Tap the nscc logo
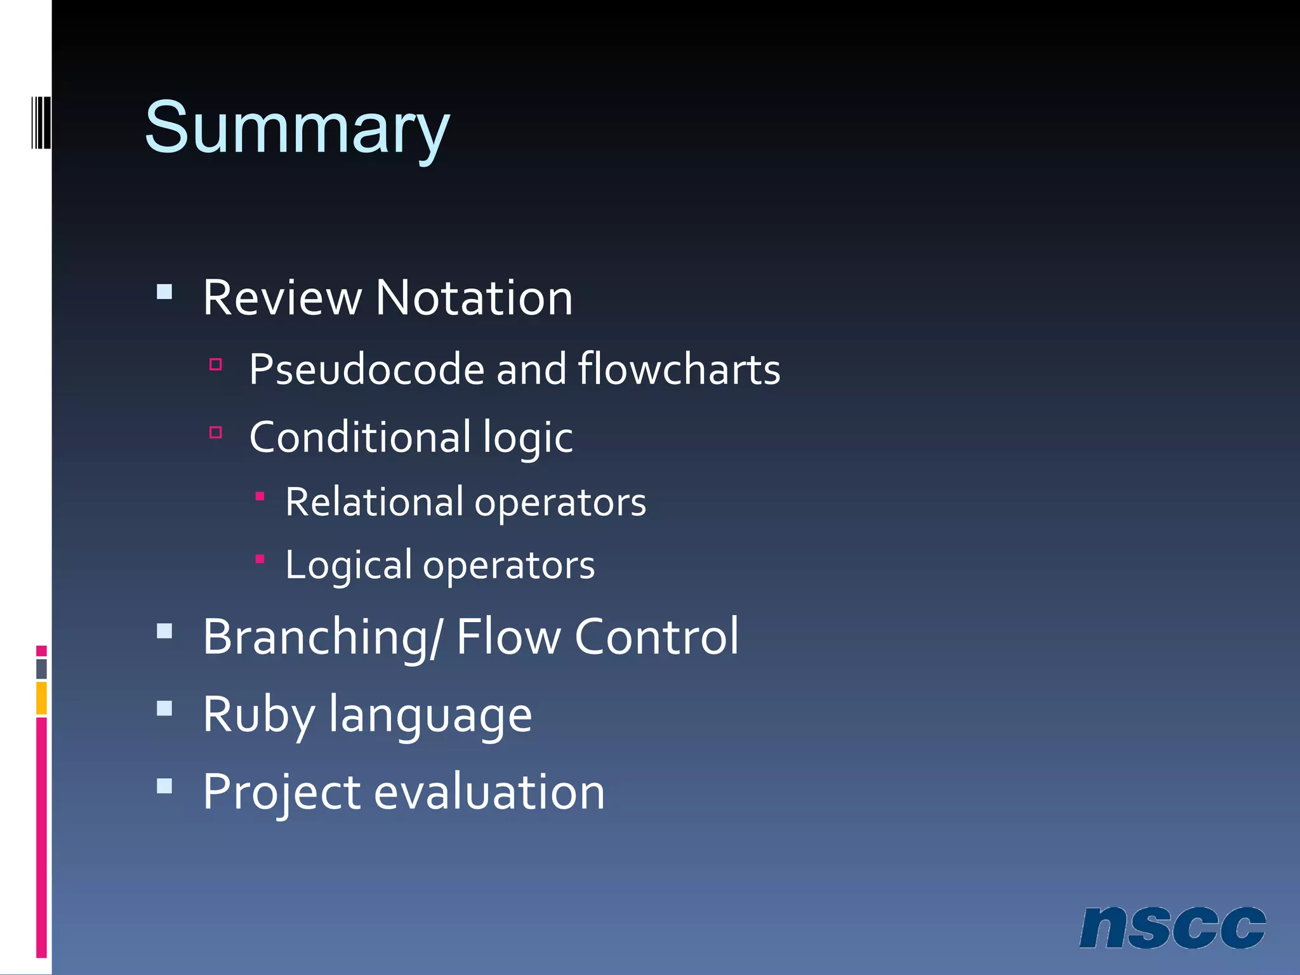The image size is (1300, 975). pyautogui.click(x=1172, y=928)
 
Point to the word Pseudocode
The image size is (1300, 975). pyautogui.click(x=367, y=369)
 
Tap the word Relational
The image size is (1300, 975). pyautogui.click(x=375, y=502)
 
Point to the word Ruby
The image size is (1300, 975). pyautogui.click(x=258, y=715)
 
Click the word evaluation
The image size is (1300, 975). pyautogui.click(x=489, y=792)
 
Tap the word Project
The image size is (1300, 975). pyautogui.click(x=282, y=792)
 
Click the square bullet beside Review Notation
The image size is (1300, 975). pyautogui.click(x=164, y=292)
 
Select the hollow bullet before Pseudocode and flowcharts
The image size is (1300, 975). pyautogui.click(x=216, y=364)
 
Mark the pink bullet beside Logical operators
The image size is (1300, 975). pyautogui.click(x=260, y=559)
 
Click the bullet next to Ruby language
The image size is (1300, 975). pyautogui.click(x=164, y=708)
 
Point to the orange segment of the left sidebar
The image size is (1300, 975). pyautogui.click(x=41, y=698)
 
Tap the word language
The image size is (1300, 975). pyautogui.click(x=430, y=715)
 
